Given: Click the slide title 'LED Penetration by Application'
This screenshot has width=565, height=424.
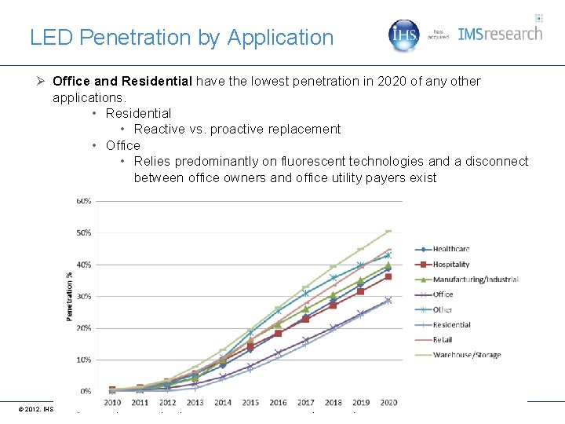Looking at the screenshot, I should [x=181, y=37].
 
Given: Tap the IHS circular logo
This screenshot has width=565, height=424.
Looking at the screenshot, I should [x=405, y=35].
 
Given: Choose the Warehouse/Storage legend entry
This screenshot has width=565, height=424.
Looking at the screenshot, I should [x=466, y=355].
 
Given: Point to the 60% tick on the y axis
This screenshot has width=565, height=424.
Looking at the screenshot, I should [x=83, y=201].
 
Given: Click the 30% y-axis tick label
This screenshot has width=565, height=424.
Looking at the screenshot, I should [x=83, y=296].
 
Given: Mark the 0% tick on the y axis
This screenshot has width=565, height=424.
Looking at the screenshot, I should [x=85, y=391].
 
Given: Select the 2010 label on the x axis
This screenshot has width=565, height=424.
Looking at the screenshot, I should [x=112, y=403].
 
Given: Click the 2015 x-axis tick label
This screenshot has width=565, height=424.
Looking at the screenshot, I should [x=250, y=403].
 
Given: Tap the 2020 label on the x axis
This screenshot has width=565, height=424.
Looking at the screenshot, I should [x=388, y=403].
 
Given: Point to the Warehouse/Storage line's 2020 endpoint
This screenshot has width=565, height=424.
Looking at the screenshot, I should [x=388, y=231].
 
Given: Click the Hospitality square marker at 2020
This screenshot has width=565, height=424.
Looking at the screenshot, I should [x=388, y=276].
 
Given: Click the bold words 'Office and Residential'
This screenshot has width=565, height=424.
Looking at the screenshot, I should [x=122, y=81].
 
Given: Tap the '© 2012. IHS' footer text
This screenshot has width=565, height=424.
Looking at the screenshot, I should [x=35, y=409].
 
